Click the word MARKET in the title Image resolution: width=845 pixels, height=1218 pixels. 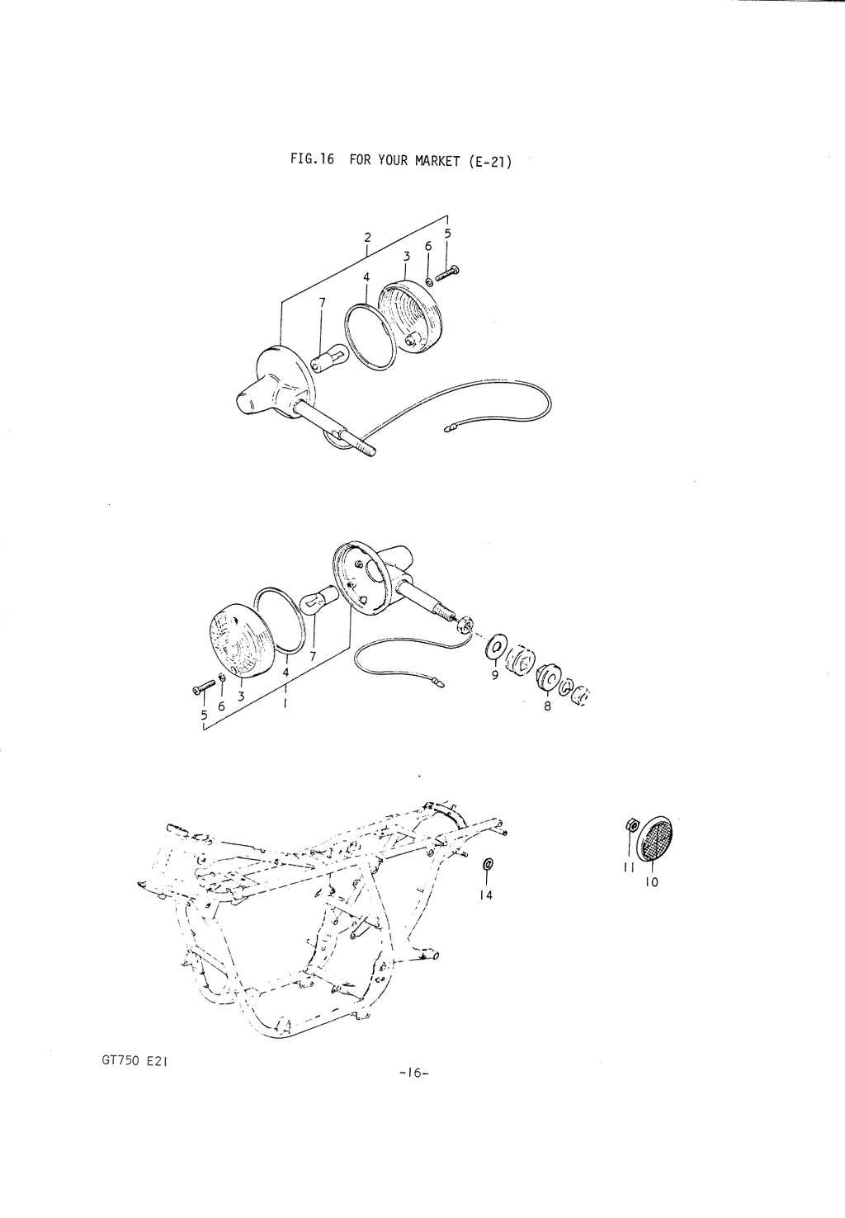coord(437,162)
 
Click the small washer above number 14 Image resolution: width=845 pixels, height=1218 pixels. coord(487,864)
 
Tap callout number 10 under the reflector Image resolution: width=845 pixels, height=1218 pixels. coord(651,882)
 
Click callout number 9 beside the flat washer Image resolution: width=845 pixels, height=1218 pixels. coord(494,675)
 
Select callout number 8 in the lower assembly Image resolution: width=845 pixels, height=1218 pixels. coord(548,706)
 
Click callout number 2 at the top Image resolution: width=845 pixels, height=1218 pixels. coord(367,237)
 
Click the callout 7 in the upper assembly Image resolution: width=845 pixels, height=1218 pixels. coord(322,302)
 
